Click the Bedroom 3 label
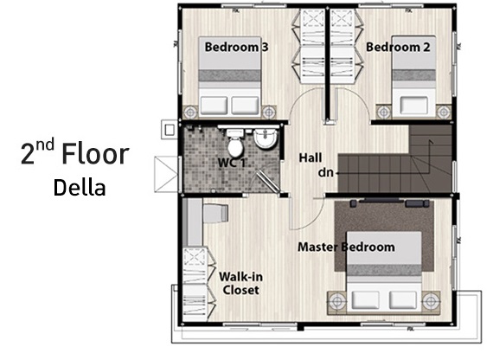[x=236, y=48]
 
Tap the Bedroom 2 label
[x=398, y=48]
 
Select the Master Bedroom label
[x=346, y=247]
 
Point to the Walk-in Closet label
[x=240, y=284]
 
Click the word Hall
[x=311, y=157]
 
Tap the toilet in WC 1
[x=235, y=142]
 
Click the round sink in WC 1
[x=266, y=138]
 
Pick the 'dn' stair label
[x=325, y=172]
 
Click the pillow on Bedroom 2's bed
[x=413, y=106]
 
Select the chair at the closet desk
[x=216, y=213]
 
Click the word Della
[x=80, y=188]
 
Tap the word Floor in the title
[x=95, y=154]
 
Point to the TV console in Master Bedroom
[x=390, y=203]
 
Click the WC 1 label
[x=232, y=163]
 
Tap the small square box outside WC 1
[x=170, y=129]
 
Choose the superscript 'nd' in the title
[x=45, y=145]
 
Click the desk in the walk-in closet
[x=193, y=222]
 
